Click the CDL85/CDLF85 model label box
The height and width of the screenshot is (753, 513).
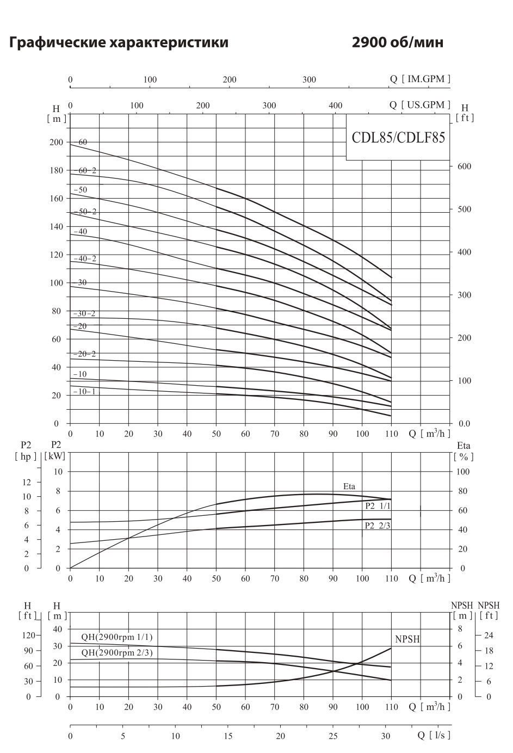[398, 138]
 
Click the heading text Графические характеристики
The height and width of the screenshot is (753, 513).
[119, 42]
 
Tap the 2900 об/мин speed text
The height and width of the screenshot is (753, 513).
[397, 42]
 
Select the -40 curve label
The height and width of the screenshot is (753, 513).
[80, 232]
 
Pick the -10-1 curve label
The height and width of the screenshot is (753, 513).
[84, 391]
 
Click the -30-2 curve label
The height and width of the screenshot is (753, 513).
[84, 314]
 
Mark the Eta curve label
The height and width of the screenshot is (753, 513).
[349, 486]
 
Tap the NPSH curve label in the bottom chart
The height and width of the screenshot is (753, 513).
[407, 640]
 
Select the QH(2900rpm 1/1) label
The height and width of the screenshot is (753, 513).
[117, 637]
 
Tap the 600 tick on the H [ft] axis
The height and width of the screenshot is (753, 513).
[464, 166]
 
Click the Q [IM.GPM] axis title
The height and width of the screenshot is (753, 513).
[420, 79]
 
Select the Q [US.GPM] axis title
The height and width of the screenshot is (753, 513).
[420, 105]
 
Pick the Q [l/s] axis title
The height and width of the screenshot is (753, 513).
[434, 735]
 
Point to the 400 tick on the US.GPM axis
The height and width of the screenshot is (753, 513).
[336, 106]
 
